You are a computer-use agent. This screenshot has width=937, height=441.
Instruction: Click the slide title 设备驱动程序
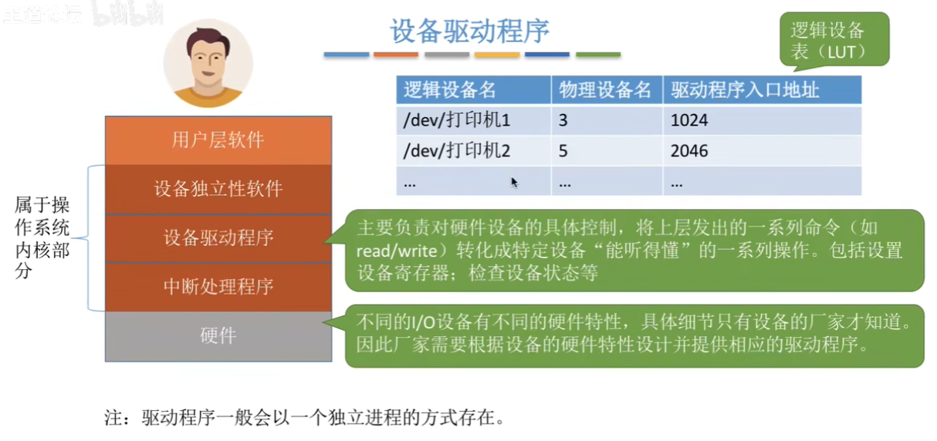469,31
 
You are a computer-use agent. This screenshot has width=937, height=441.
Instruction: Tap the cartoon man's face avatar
208,62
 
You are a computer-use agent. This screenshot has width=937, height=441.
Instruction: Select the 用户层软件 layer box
218,140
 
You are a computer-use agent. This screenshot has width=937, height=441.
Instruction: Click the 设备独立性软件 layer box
218,190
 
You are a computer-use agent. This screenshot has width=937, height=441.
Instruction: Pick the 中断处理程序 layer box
218,287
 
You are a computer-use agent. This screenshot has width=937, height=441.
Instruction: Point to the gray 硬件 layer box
218,336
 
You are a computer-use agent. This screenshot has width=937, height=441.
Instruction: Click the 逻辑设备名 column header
473,90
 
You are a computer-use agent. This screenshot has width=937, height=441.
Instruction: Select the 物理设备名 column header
607,90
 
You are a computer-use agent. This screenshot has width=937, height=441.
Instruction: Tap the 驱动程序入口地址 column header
762,90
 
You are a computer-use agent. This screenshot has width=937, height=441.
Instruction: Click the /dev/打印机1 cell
473,121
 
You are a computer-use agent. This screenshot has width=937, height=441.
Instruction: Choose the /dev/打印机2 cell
473,151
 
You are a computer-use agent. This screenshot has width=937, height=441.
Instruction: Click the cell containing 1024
762,121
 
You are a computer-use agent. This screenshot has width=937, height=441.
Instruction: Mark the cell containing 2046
762,151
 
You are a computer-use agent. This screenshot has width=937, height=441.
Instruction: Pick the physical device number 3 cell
607,121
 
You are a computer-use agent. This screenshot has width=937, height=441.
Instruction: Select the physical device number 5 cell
607,151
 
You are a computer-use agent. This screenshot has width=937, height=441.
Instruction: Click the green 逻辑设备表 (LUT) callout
834,40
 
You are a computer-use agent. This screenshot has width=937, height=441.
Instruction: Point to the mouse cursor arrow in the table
514,182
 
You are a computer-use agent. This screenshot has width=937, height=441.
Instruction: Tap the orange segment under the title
396,54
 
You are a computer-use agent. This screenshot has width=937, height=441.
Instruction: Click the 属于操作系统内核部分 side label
42,237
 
